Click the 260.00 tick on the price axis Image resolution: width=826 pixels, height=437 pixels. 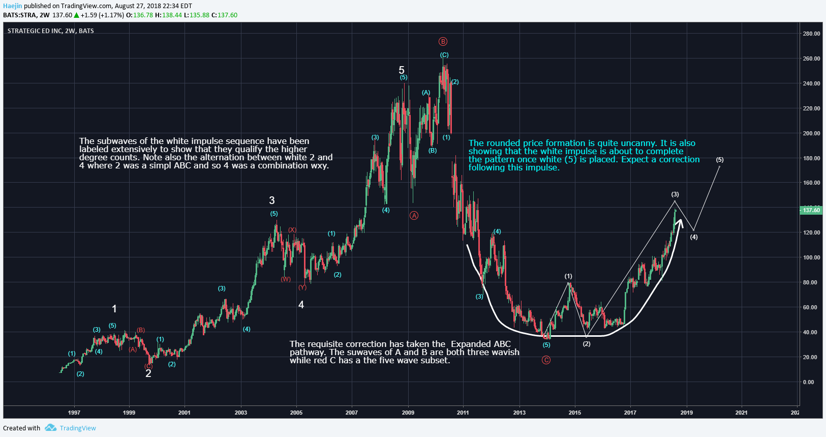click(811, 59)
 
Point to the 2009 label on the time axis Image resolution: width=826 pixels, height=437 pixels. click(408, 413)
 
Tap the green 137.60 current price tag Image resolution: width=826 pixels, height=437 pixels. click(811, 210)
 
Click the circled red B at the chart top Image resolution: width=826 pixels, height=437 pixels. click(443, 42)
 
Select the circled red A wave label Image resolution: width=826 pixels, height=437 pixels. click(414, 216)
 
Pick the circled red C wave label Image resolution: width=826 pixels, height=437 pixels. click(546, 360)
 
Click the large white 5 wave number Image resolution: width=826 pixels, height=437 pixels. click(402, 70)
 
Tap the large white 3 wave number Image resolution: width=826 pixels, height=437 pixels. click(272, 200)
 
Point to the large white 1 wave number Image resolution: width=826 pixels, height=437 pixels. click(114, 309)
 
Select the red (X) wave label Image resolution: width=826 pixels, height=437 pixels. click(292, 230)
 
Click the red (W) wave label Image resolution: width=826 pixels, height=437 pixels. click(286, 279)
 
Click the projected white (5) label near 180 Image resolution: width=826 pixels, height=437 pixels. click(720, 160)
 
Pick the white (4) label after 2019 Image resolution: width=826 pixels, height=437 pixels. click(694, 237)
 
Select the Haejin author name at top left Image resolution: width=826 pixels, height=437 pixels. click(13, 6)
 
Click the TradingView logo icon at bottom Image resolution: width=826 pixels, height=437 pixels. click(50, 428)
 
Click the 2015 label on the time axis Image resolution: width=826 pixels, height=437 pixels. click(575, 413)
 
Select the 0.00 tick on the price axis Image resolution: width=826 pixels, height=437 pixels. click(808, 382)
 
